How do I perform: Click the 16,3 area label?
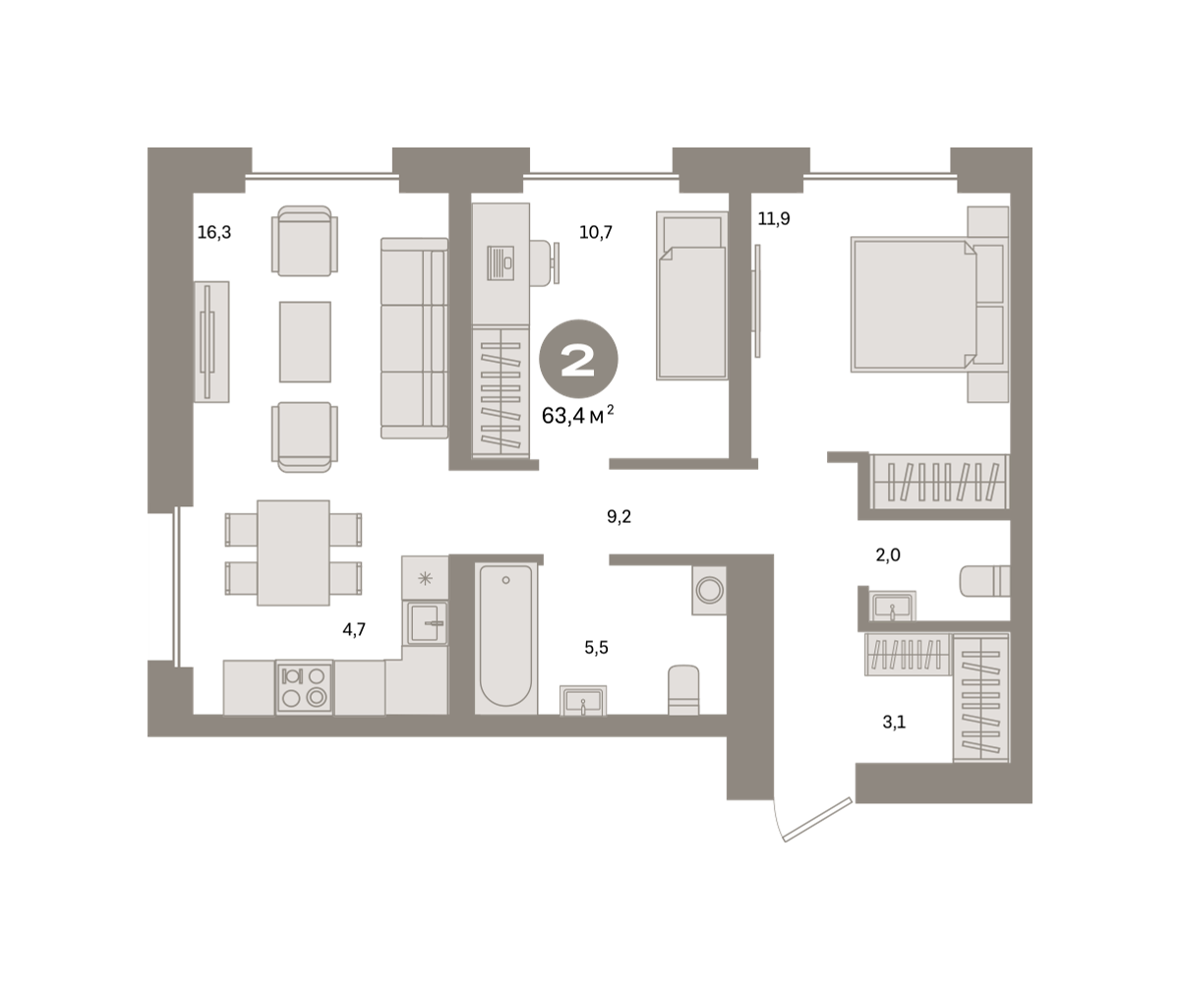coord(214,232)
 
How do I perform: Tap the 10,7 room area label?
coord(596,232)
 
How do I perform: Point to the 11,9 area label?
coord(774,218)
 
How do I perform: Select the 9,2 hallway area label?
coord(619,516)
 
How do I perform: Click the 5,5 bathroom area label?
coord(596,648)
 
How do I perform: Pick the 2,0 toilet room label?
coord(888,554)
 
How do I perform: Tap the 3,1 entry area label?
coord(894,722)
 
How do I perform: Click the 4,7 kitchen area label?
coord(354,629)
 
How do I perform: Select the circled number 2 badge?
coord(578,359)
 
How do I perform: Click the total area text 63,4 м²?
coord(577,415)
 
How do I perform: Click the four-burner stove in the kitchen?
coord(304,687)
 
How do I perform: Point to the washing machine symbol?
coord(709,590)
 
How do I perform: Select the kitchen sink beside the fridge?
coord(425,623)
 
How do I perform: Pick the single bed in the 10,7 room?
coord(691,296)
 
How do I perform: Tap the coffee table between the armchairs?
coord(305,342)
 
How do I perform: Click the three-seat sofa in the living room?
coord(414,338)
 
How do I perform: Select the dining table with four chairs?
coord(293,553)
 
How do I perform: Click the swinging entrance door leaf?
coord(817,819)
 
